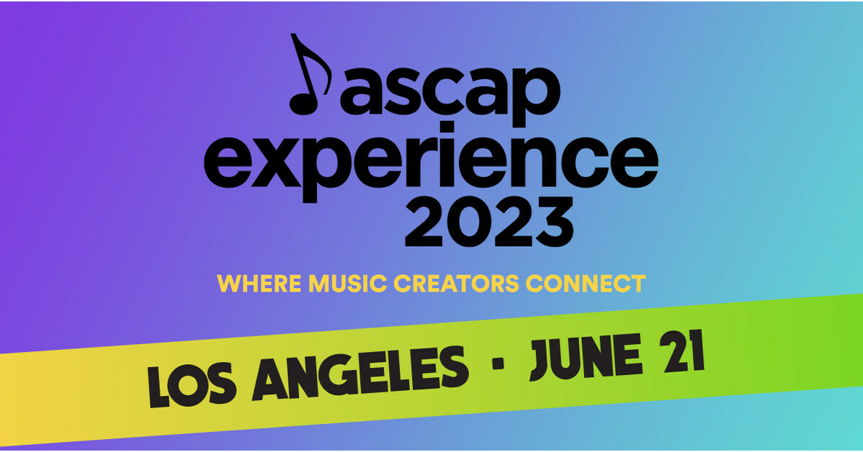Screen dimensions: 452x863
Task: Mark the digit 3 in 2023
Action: pyautogui.click(x=552, y=220)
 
